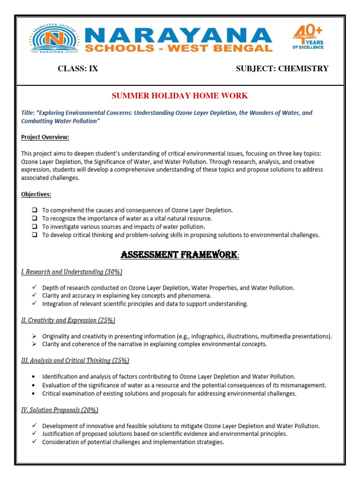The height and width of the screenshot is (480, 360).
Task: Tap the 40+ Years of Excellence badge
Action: pyautogui.click(x=307, y=37)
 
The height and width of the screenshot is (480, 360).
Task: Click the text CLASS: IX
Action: pyautogui.click(x=78, y=69)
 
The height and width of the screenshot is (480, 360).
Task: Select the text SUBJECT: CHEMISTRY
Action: pyautogui.click(x=282, y=69)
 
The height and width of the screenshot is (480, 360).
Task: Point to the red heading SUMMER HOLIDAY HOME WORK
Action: pyautogui.click(x=180, y=96)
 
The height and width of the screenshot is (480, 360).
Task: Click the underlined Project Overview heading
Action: pyautogui.click(x=45, y=137)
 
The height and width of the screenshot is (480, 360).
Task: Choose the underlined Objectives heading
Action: pyautogui.click(x=36, y=194)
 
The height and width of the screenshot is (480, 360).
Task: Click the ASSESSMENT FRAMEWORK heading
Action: pyautogui.click(x=179, y=255)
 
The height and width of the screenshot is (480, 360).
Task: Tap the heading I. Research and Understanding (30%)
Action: pyautogui.click(x=72, y=272)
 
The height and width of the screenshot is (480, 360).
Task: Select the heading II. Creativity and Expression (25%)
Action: pyautogui.click(x=68, y=320)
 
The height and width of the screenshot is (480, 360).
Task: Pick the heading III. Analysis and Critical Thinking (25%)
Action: pyautogui.click(x=75, y=360)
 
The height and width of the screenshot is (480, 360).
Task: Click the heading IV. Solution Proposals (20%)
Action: pyautogui.click(x=60, y=410)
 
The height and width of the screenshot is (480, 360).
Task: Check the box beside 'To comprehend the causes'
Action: pyautogui.click(x=35, y=210)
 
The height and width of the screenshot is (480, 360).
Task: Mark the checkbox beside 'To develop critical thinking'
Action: pyautogui.click(x=35, y=235)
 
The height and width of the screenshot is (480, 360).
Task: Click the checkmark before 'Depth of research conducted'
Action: pyautogui.click(x=35, y=287)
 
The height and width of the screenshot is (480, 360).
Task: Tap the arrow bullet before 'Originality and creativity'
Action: pyautogui.click(x=35, y=336)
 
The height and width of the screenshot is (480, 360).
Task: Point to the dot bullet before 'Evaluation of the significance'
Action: pyautogui.click(x=35, y=385)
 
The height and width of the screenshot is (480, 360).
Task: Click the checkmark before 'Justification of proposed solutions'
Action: pyautogui.click(x=35, y=434)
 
